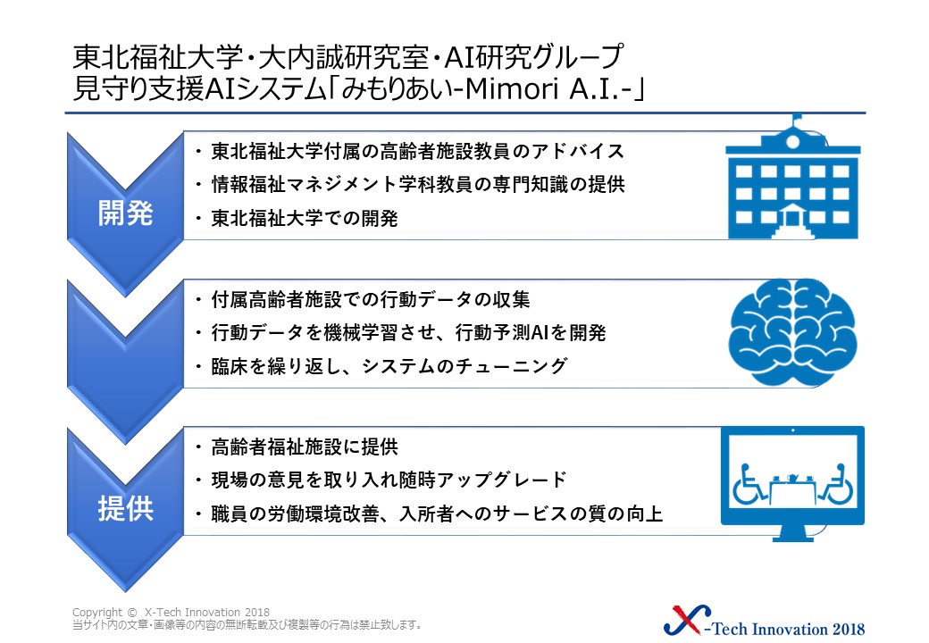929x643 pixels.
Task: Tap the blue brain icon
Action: pyautogui.click(x=792, y=332)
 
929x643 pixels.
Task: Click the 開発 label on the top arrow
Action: pyautogui.click(x=126, y=213)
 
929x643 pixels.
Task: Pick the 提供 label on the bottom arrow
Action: pyautogui.click(x=126, y=509)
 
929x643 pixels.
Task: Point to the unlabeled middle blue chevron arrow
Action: pyautogui.click(x=125, y=362)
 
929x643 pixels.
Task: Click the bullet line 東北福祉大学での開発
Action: pyautogui.click(x=304, y=219)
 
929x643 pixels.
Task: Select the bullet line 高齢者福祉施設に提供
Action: pyautogui.click(x=304, y=447)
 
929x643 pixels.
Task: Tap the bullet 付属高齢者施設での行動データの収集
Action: pyautogui.click(x=371, y=299)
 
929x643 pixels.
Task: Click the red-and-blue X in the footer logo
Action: pyautogui.click(x=687, y=620)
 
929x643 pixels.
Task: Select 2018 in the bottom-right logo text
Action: pyautogui.click(x=849, y=629)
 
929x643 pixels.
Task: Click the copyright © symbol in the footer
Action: pyautogui.click(x=132, y=613)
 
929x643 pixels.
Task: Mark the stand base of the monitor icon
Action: pyautogui.click(x=792, y=538)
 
